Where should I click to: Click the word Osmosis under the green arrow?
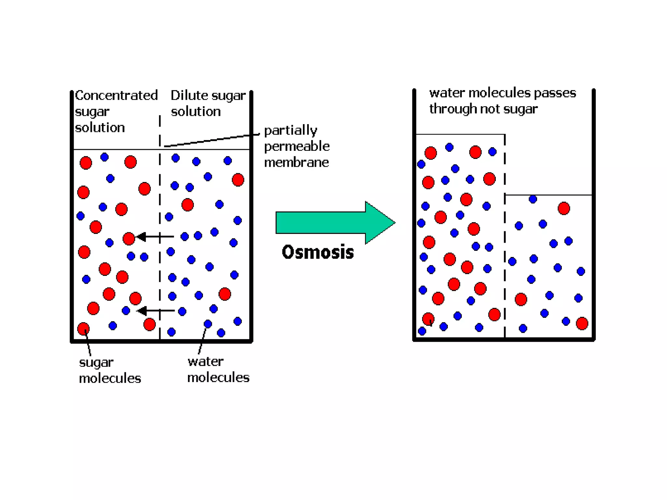[x=318, y=252]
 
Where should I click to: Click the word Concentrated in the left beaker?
[x=116, y=95]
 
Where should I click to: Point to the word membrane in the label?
[x=296, y=162]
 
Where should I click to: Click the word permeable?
[x=297, y=146]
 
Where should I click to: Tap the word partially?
[x=291, y=130]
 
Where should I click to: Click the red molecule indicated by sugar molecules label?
[x=83, y=328]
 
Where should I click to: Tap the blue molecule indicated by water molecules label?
[x=208, y=324]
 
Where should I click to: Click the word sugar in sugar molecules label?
[x=96, y=363]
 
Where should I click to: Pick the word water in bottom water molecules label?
[x=206, y=362]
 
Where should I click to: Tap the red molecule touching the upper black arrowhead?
[x=129, y=238]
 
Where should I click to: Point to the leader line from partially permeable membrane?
[x=212, y=140]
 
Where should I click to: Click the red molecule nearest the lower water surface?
[x=564, y=208]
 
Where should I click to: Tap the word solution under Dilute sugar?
[x=196, y=112]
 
